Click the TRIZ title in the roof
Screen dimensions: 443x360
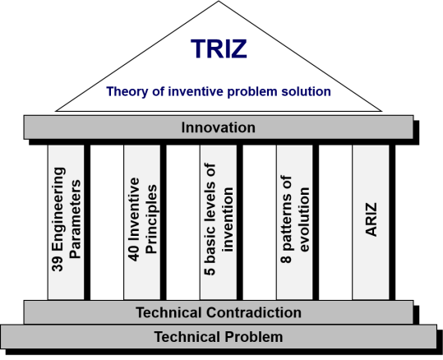coord(219,48)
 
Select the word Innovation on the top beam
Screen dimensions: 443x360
coord(219,127)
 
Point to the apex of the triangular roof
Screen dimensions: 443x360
coord(219,1)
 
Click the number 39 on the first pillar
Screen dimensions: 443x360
coord(58,264)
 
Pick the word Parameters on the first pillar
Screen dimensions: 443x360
coord(75,219)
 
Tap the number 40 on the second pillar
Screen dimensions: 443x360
coord(134,253)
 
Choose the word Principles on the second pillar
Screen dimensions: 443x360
coord(151,219)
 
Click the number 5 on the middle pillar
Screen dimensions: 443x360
coord(210,271)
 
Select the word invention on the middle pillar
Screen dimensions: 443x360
coord(228,219)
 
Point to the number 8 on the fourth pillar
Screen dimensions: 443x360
coord(286,259)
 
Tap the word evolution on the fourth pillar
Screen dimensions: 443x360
coord(304,219)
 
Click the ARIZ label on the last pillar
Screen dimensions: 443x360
coord(371,219)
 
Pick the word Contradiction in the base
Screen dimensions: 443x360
coord(254,312)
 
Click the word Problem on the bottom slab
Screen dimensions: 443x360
coord(253,337)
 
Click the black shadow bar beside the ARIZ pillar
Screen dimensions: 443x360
coord(392,223)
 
